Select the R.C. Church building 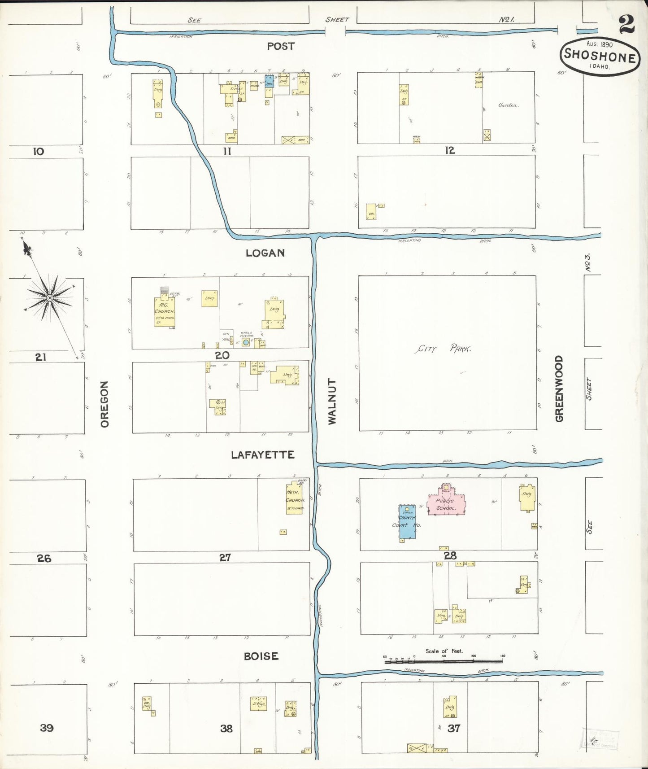164,312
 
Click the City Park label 442,349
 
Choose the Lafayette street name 262,455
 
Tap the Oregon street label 104,404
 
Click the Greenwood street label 559,389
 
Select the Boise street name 261,656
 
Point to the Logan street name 265,253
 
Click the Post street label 281,46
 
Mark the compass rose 50,297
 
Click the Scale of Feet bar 443,661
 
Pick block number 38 226,729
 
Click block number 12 450,151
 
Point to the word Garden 508,105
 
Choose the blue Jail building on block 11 270,82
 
